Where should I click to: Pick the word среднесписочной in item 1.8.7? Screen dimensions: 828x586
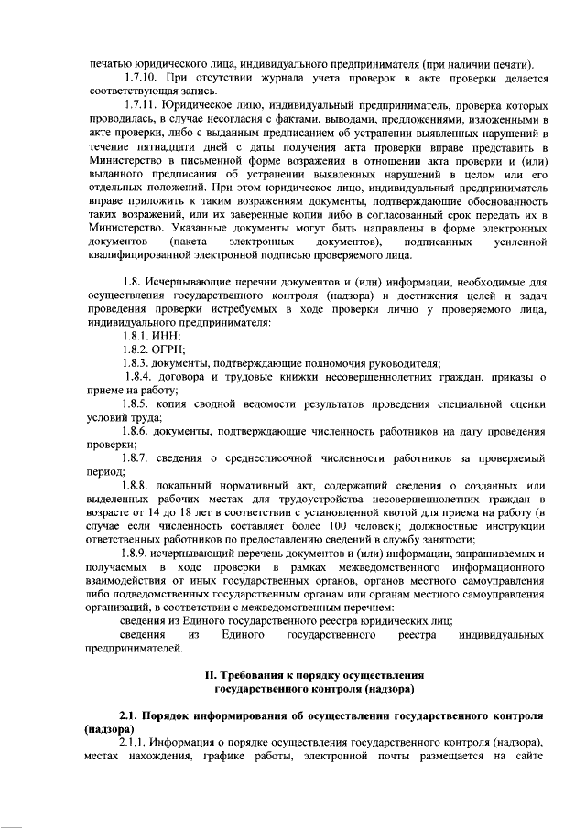[x=272, y=457]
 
